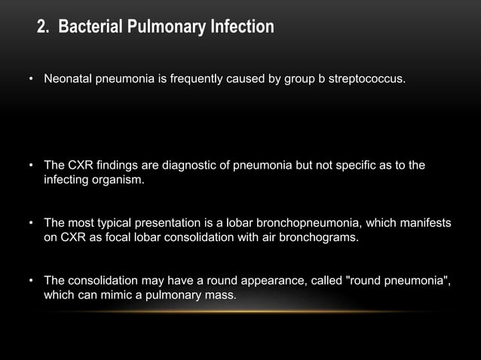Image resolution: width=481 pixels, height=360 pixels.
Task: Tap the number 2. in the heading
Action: [44, 29]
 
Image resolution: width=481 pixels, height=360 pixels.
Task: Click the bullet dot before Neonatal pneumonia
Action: [31, 79]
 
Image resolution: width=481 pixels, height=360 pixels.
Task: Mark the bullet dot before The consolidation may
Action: [31, 283]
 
